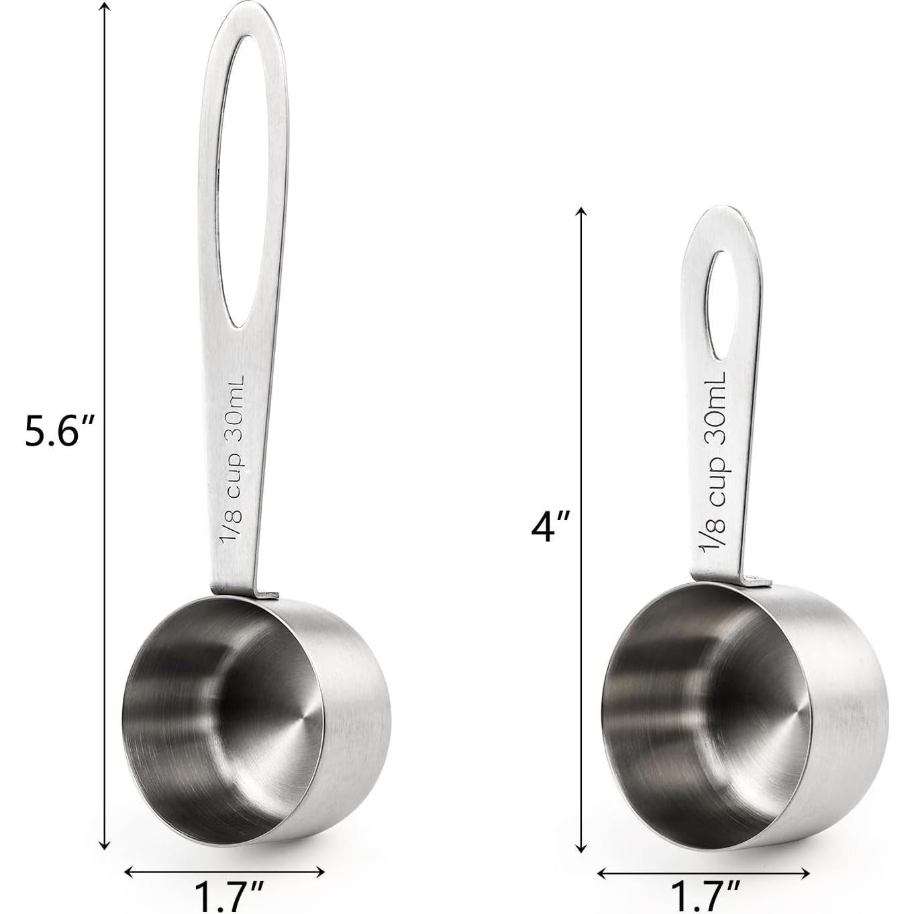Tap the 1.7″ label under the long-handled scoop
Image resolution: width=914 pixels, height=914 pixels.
coord(227,897)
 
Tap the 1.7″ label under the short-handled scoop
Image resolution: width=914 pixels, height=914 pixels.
coord(705,897)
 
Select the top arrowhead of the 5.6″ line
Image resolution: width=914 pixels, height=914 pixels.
coord(105,8)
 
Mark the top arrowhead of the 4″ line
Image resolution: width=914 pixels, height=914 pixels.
coord(582,212)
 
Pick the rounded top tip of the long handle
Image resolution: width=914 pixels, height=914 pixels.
coord(246,8)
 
